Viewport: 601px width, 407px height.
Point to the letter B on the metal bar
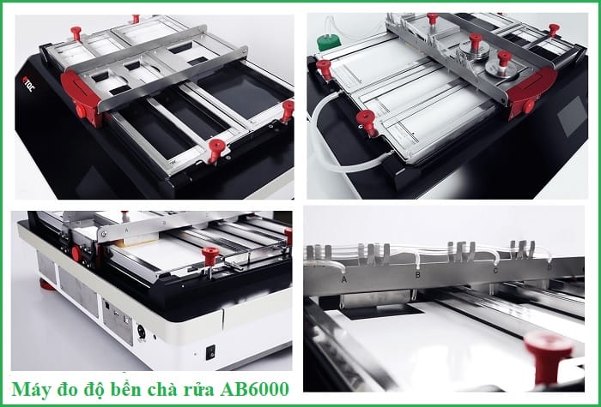[417, 276]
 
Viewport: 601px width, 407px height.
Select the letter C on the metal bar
[495, 270]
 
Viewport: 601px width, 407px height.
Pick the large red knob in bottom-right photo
[547, 351]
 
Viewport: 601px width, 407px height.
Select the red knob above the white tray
[209, 254]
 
